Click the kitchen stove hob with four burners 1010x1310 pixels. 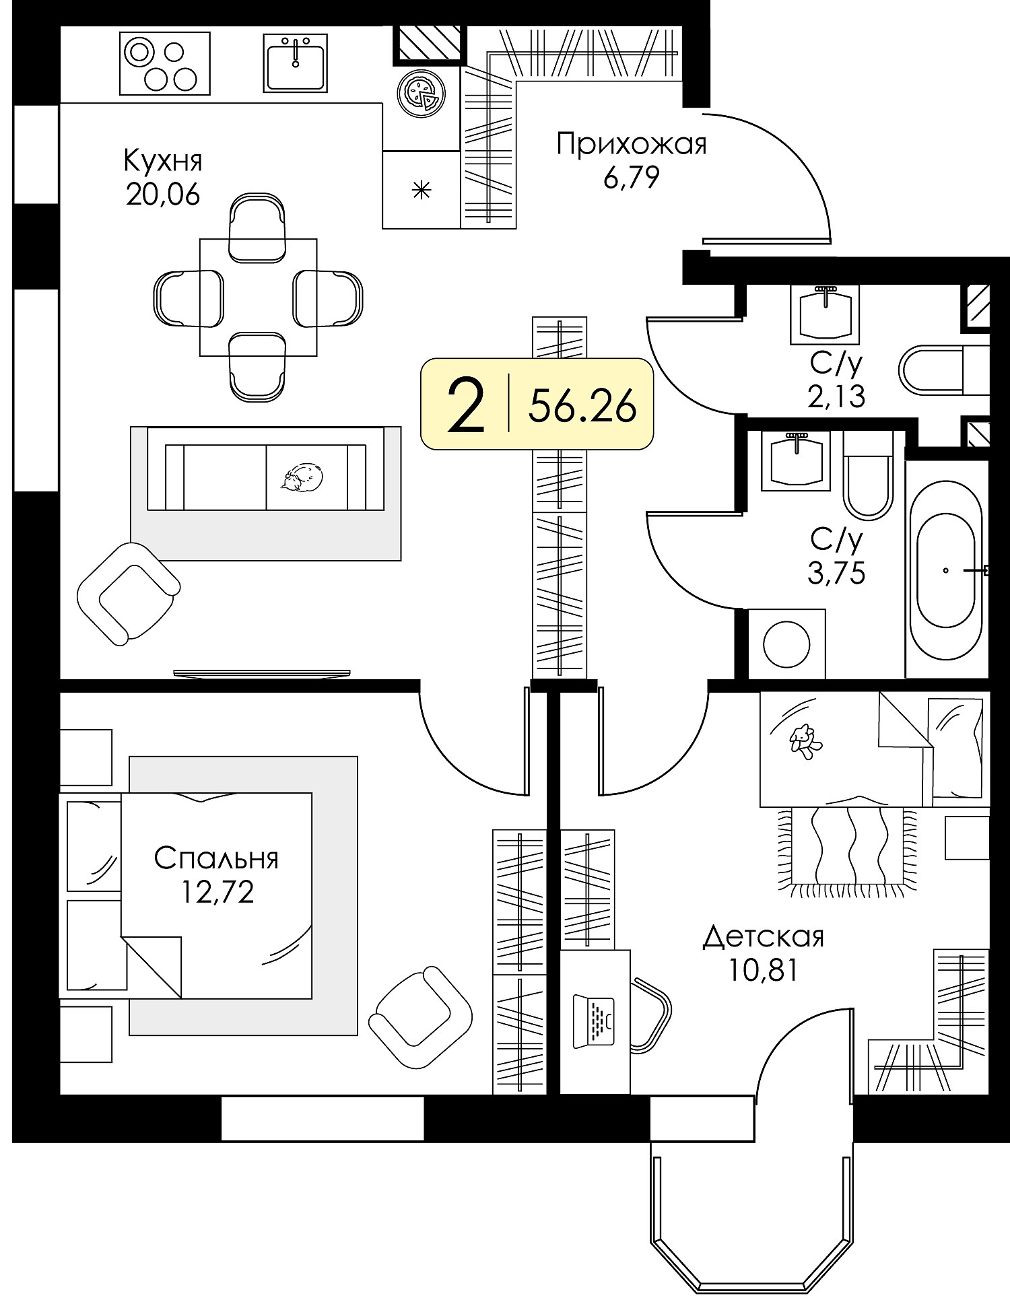(164, 64)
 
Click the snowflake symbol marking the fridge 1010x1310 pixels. (422, 191)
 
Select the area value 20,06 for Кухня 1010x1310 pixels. (162, 195)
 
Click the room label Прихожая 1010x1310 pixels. (632, 144)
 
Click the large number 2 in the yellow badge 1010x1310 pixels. (466, 405)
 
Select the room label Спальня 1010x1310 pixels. (216, 858)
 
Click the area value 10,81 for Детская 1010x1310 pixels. (763, 970)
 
